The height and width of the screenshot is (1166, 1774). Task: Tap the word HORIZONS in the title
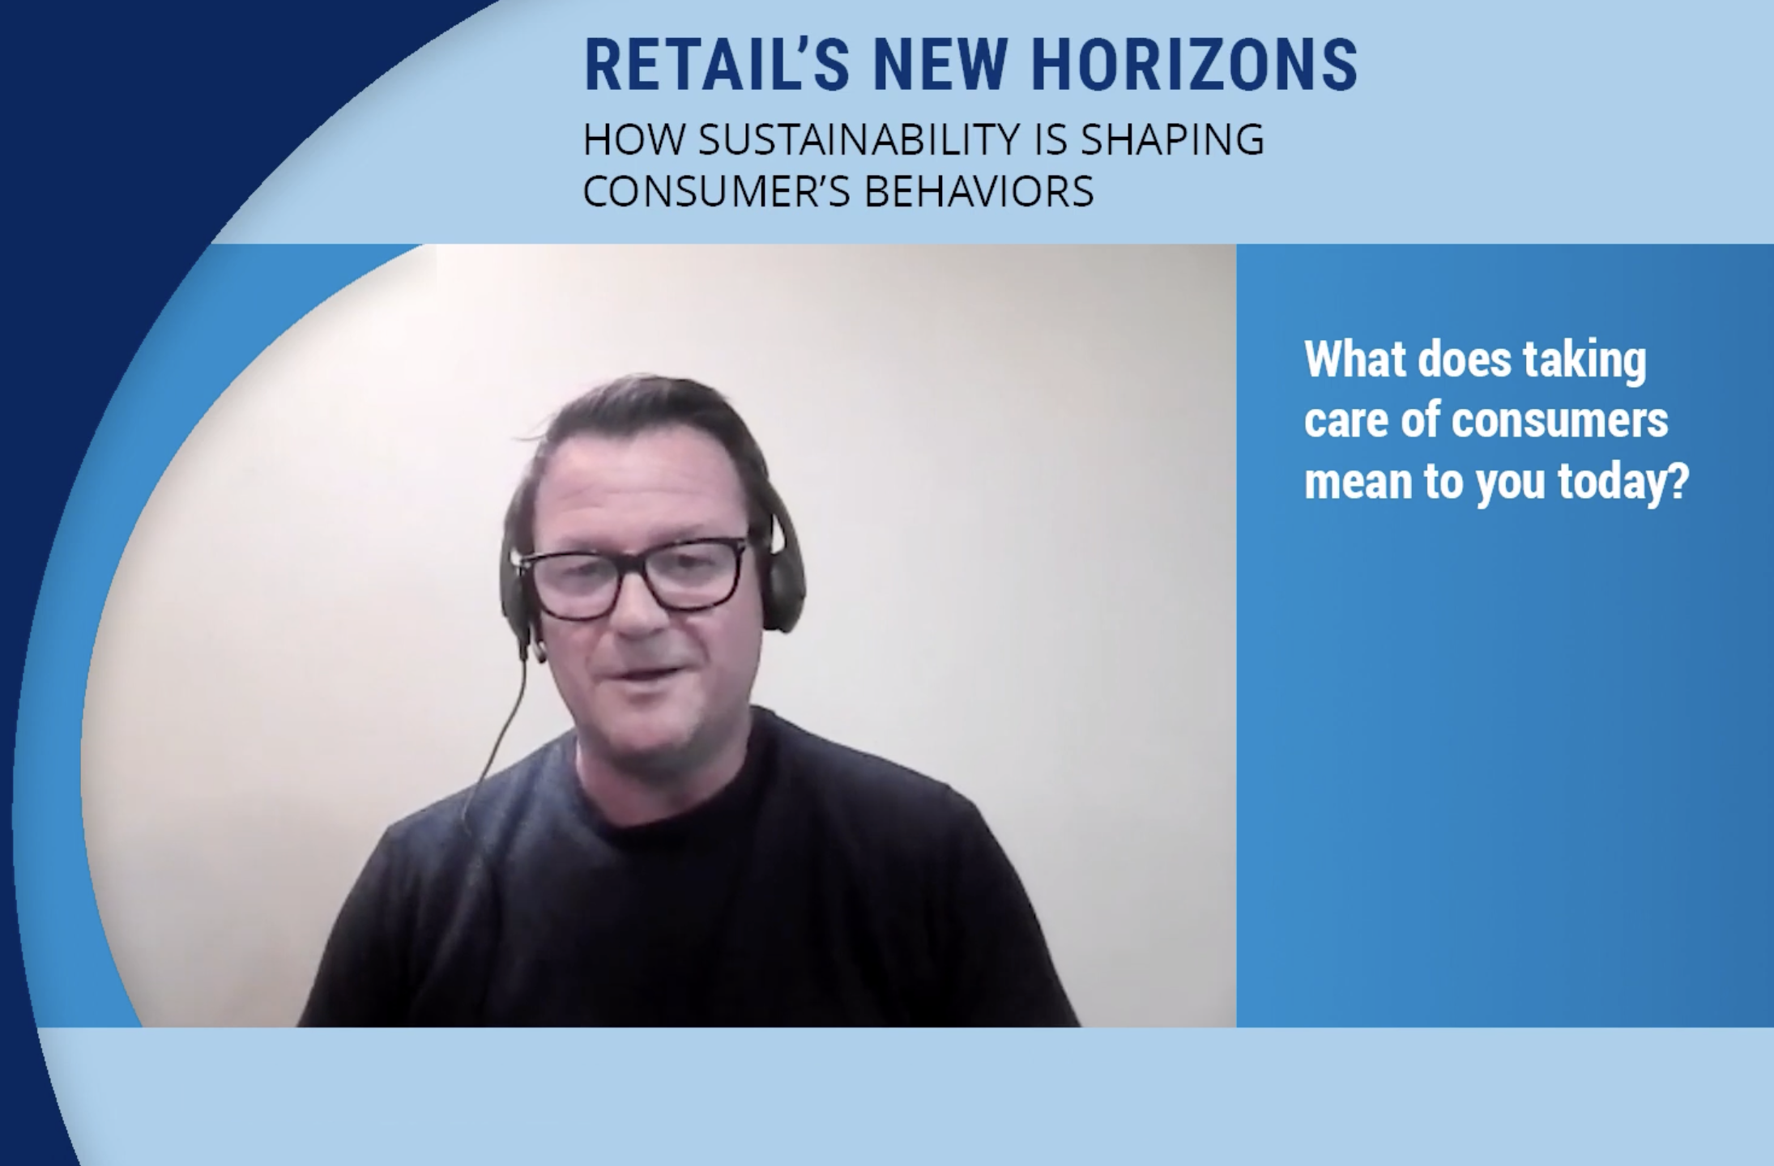pyautogui.click(x=1195, y=65)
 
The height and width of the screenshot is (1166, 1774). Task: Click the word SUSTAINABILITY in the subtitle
pyautogui.click(x=859, y=139)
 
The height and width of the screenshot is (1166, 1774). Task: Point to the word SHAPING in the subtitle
pyautogui.click(x=1172, y=139)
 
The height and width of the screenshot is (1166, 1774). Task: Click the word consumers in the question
pyautogui.click(x=1560, y=420)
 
